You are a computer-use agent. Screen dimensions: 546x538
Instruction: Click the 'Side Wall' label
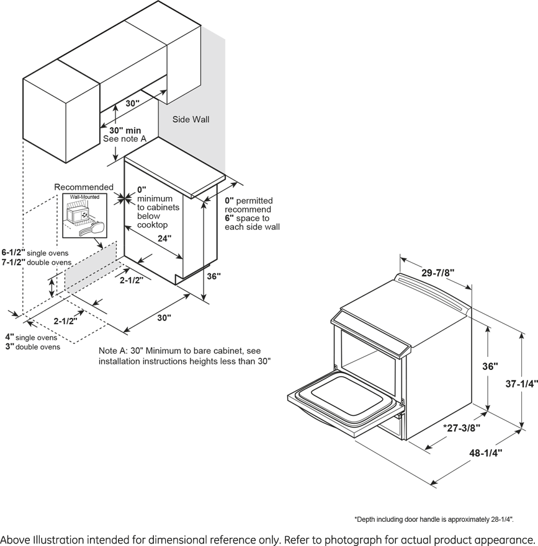[191, 119]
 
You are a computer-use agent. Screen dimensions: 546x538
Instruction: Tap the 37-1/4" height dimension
[521, 384]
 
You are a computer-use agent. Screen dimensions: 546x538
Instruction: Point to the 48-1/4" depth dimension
[485, 453]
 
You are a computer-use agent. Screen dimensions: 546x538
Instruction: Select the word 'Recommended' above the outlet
[84, 187]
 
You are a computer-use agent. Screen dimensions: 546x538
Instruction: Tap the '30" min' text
[125, 131]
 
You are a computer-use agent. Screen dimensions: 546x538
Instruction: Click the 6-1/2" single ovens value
[14, 253]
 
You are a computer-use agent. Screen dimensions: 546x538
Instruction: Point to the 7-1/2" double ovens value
[14, 262]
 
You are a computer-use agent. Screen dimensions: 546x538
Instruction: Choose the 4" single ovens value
[9, 337]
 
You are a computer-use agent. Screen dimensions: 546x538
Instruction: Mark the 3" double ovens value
[9, 346]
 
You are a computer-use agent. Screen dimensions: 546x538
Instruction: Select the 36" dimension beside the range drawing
[490, 366]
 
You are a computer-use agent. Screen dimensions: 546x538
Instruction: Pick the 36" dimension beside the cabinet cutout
[213, 277]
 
